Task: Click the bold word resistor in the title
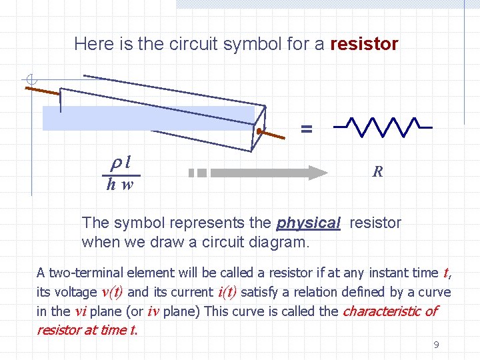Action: point(364,45)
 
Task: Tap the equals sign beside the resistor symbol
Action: point(306,129)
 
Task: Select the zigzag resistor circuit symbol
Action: point(383,126)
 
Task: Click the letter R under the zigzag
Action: point(377,172)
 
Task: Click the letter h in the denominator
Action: point(111,185)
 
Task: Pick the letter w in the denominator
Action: point(127,185)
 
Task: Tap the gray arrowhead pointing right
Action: point(316,173)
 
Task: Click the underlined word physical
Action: point(308,223)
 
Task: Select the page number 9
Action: point(436,345)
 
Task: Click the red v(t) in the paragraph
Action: point(111,292)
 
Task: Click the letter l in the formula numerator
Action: point(127,162)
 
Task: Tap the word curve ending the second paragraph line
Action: point(435,292)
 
